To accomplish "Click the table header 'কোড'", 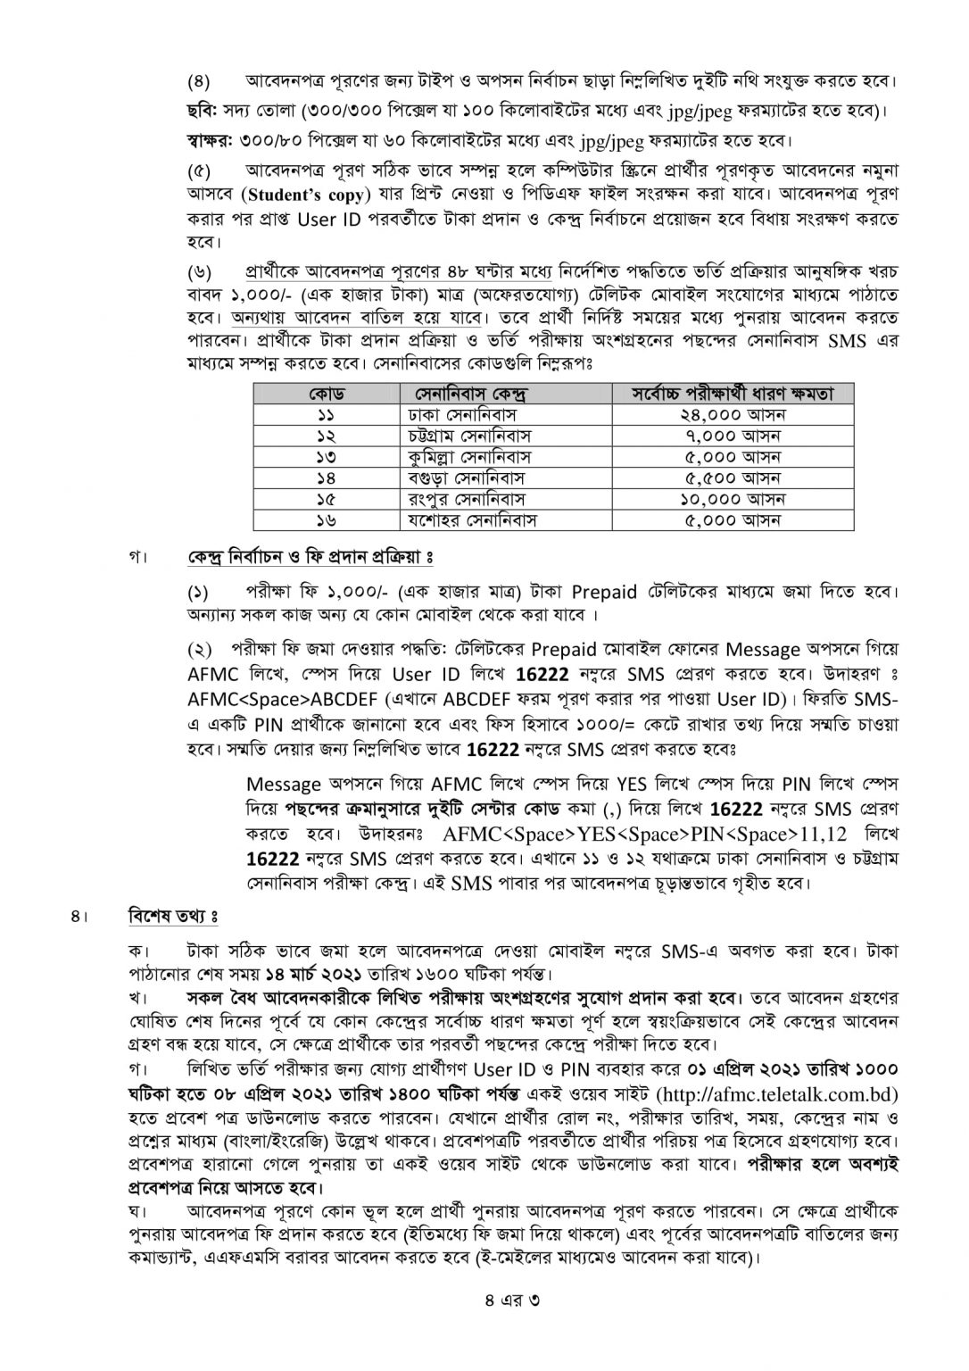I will [x=327, y=394].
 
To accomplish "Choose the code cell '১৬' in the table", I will [x=327, y=519].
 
